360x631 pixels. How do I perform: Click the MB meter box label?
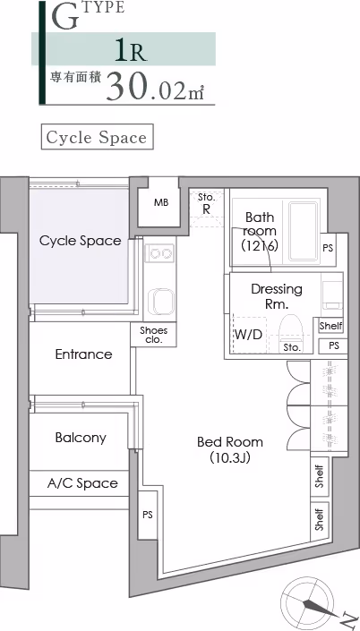pos(161,202)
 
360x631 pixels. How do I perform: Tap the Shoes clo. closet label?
pos(153,335)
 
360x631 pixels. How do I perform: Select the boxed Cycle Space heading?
pos(97,137)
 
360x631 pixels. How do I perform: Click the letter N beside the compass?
pos(348,618)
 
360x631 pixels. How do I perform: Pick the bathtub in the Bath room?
pos(303,232)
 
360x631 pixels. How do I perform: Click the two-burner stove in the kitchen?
pos(160,253)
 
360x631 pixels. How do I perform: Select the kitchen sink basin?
pos(160,302)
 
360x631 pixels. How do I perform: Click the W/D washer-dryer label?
pos(248,335)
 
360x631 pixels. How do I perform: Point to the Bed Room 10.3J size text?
pos(229,458)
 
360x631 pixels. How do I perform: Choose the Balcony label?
pos(81,438)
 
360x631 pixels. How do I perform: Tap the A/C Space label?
pos(82,483)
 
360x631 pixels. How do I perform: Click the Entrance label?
pos(84,354)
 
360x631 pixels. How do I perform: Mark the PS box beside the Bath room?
pos(328,249)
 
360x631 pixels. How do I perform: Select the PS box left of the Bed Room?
pos(148,515)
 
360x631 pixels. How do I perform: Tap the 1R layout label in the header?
pos(131,49)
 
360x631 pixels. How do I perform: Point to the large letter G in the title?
pos(64,18)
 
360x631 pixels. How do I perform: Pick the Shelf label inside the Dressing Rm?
pos(331,326)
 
